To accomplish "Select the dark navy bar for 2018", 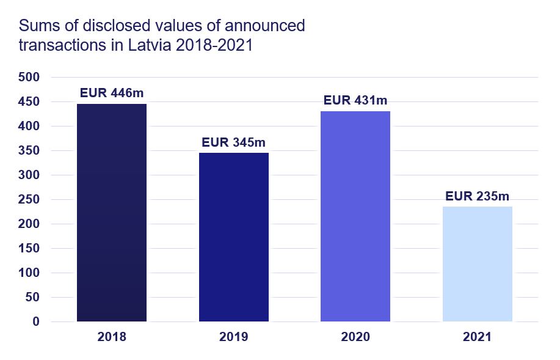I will pyautogui.click(x=112, y=213).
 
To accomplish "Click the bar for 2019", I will pyautogui.click(x=233, y=237).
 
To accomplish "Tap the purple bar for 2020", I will pyautogui.click(x=355, y=216).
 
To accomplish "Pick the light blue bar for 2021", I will pyautogui.click(x=477, y=264).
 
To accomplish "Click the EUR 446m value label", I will pyautogui.click(x=112, y=94).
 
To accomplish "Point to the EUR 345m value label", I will pyautogui.click(x=233, y=143).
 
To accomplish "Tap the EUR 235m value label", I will pyautogui.click(x=477, y=197).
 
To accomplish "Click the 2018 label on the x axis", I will pyautogui.click(x=112, y=337).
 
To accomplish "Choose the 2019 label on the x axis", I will pyautogui.click(x=233, y=337).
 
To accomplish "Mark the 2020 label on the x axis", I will pyautogui.click(x=355, y=337).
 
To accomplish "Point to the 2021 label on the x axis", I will pyautogui.click(x=477, y=337).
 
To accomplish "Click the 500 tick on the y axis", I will pyautogui.click(x=29, y=78).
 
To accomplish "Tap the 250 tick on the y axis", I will pyautogui.click(x=29, y=200).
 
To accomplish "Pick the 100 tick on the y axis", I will pyautogui.click(x=29, y=273).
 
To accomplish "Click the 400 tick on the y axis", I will pyautogui.click(x=29, y=127).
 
